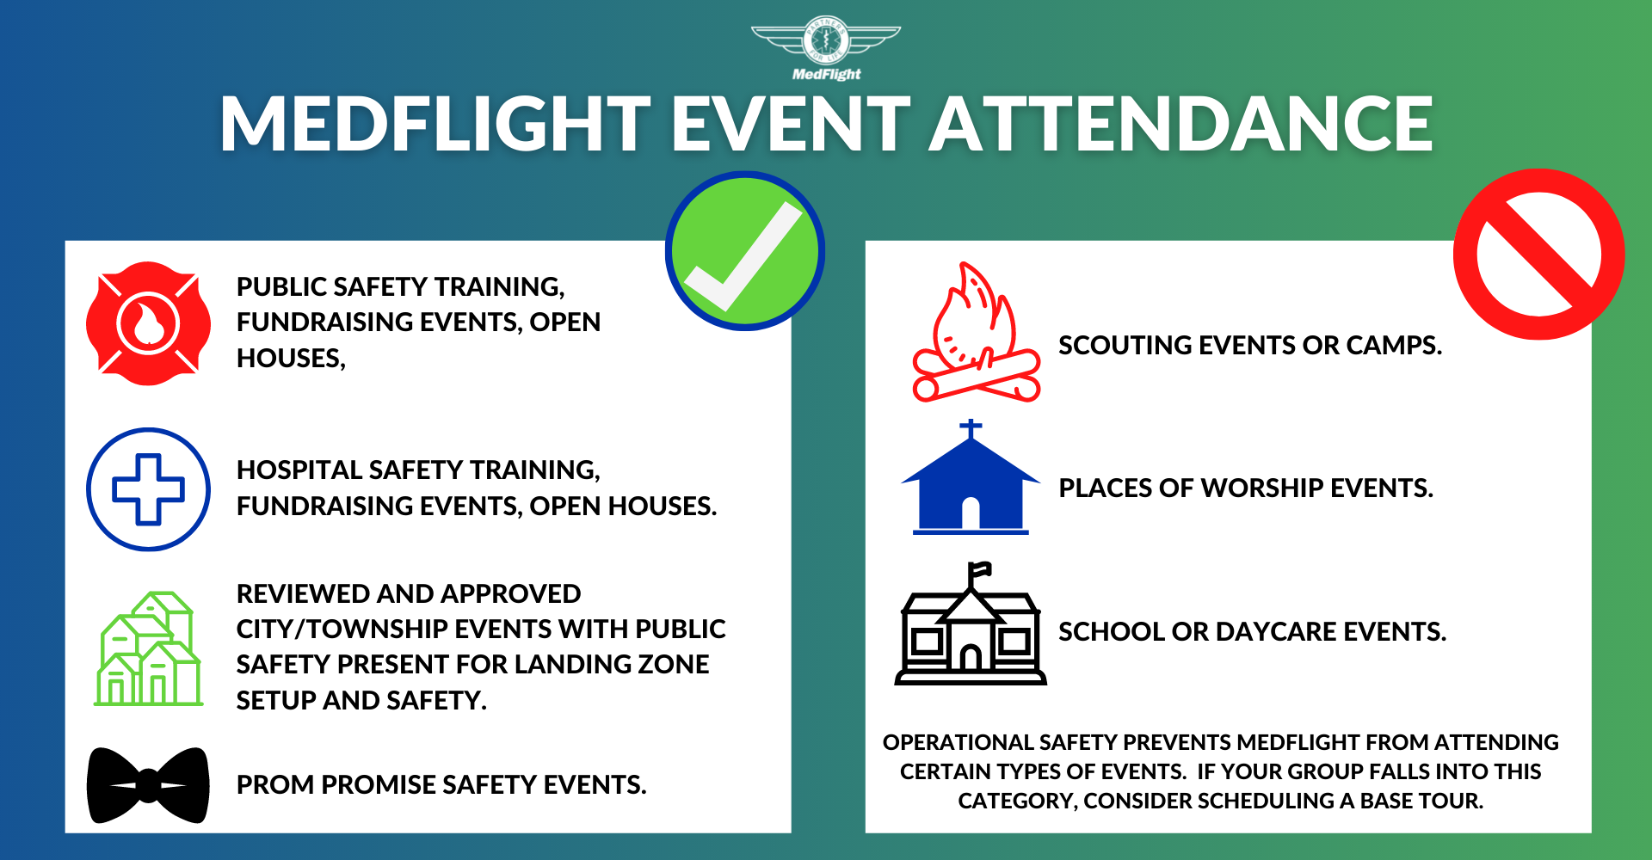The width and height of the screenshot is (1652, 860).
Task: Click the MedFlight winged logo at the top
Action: tap(826, 48)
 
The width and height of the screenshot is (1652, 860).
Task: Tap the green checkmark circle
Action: tap(745, 251)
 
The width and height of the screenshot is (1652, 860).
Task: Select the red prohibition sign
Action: tap(1539, 254)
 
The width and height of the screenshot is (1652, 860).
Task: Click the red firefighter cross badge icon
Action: tap(148, 323)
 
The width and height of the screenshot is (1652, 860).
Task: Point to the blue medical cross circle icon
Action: tap(148, 489)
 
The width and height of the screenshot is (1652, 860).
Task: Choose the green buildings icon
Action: tap(148, 648)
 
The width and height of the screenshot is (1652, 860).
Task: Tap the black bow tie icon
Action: tap(148, 785)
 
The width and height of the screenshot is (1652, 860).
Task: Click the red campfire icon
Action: tap(976, 332)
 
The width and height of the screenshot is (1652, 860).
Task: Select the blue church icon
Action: tap(971, 477)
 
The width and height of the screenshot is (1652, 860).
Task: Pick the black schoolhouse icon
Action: tap(971, 623)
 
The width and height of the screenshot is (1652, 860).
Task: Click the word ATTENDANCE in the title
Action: tap(1181, 124)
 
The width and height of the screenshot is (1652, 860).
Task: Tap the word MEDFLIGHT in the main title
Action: tap(435, 124)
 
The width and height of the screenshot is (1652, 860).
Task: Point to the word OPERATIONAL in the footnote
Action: tap(957, 742)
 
